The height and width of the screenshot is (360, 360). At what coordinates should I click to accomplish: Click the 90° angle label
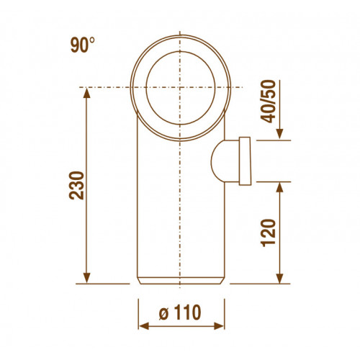(x=82, y=45)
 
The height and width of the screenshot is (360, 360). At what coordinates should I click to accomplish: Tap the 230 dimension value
(x=76, y=185)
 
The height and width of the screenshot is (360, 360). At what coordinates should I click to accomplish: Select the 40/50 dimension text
(x=269, y=102)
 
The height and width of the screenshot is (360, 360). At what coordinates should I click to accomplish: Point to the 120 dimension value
(x=269, y=233)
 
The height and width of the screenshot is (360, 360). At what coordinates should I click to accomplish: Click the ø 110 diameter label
(x=180, y=312)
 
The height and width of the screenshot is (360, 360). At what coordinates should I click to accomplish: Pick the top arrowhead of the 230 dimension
(x=86, y=93)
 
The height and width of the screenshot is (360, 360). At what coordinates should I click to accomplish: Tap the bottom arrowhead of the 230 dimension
(x=86, y=278)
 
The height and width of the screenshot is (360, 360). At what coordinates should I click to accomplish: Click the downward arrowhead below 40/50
(x=279, y=134)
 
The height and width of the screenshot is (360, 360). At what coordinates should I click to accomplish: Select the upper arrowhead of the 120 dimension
(x=279, y=187)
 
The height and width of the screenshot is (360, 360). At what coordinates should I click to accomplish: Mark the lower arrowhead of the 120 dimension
(x=279, y=278)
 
